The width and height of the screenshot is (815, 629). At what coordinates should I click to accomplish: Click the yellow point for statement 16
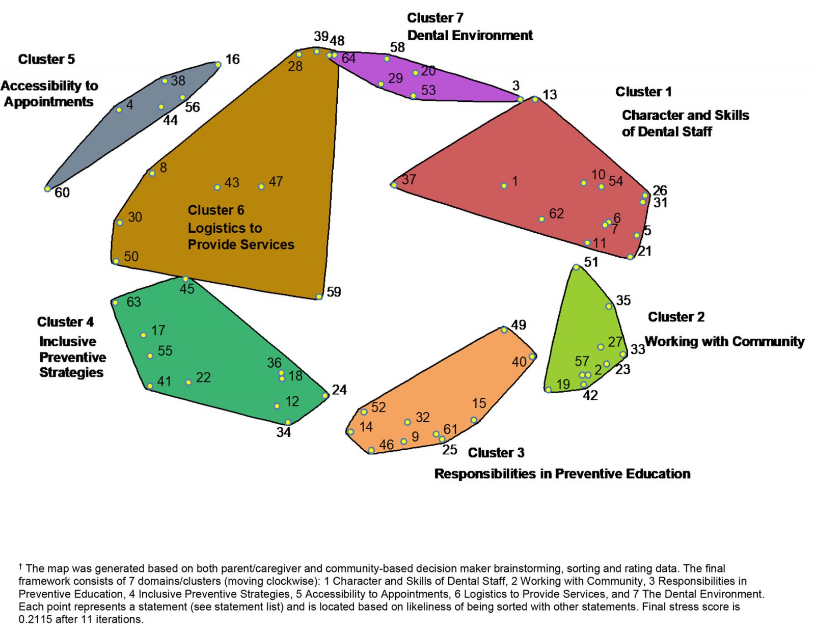218,65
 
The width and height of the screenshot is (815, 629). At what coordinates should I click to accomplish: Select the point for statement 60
47,189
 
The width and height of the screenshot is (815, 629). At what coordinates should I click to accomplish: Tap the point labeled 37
394,185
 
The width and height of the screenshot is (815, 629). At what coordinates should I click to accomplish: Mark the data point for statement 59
319,297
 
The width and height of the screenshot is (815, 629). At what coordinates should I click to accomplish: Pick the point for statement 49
504,330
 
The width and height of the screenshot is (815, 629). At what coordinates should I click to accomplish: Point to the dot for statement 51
576,267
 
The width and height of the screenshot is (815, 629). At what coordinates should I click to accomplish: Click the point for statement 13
535,99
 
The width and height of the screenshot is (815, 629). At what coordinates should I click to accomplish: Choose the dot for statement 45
185,279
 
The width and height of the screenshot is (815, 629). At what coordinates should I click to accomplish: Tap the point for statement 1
504,186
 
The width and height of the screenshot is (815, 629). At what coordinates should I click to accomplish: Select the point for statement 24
325,396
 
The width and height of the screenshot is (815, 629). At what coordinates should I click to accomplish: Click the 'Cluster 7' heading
435,18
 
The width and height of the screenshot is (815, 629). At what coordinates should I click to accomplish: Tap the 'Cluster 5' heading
46,59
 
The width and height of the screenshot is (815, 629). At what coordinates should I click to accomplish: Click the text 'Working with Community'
724,341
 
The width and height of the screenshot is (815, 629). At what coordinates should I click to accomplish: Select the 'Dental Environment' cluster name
470,35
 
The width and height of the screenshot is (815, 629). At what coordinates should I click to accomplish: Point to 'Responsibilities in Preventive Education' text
562,474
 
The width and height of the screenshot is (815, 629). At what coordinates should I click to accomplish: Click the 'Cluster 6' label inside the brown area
216,210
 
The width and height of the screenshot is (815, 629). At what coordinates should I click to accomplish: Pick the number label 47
276,182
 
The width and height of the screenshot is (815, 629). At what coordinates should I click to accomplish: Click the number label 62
556,213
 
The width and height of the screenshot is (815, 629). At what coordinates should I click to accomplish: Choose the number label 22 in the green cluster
203,377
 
